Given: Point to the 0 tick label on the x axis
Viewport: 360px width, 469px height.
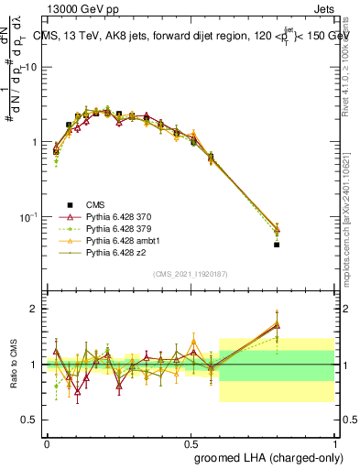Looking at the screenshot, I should (47, 442).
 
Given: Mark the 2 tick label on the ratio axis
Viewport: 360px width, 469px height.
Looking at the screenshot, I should (33, 309).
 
